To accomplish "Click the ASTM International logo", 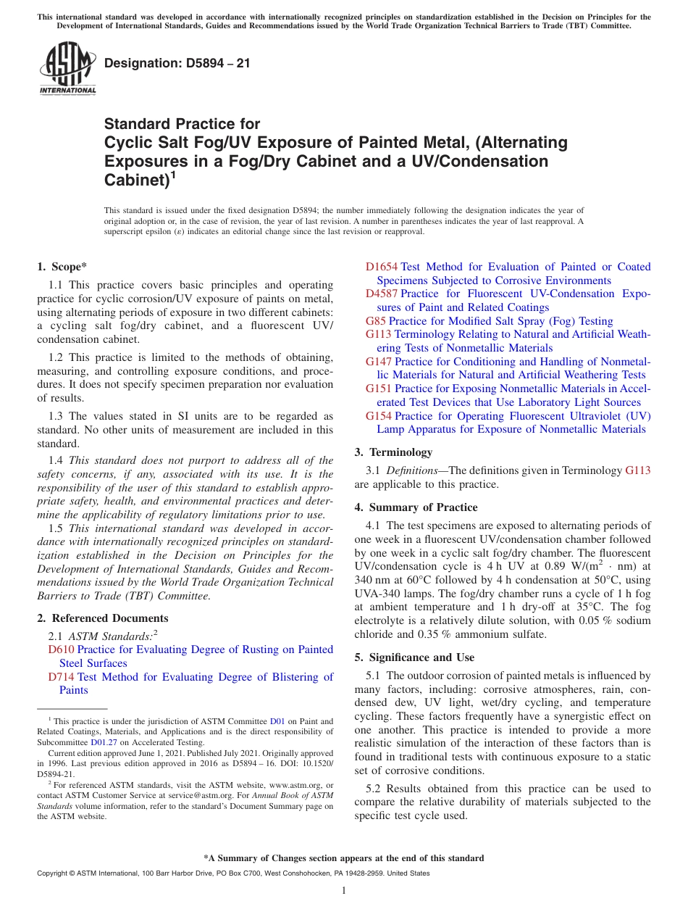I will click(x=67, y=68).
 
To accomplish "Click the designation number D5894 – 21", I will click(x=177, y=63).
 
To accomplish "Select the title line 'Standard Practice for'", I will click(x=182, y=124).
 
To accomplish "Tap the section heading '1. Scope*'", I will click(x=62, y=267).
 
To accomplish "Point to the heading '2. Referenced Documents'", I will click(x=103, y=618).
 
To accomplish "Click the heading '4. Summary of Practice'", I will click(x=416, y=507).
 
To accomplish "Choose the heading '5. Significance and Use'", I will click(x=414, y=657).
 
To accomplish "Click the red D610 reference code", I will click(x=61, y=649).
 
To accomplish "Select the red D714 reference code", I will click(x=61, y=677).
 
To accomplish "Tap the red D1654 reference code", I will click(x=382, y=267).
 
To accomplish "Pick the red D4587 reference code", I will click(x=382, y=294).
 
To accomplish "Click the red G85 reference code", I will click(x=376, y=321).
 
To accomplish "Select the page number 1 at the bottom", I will click(x=344, y=891).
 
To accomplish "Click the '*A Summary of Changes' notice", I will click(x=344, y=858).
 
